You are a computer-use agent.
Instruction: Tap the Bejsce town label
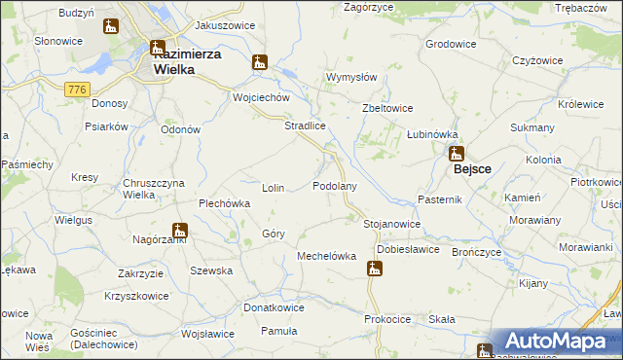coord(472,168)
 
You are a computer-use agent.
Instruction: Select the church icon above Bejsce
coord(456,153)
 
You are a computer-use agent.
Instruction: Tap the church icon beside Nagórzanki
coord(179,231)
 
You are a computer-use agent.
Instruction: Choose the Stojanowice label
coord(391,224)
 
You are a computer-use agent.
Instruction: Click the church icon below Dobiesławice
coord(374,268)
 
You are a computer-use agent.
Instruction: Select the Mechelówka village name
coord(326,257)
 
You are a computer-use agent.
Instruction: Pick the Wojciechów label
coord(262,98)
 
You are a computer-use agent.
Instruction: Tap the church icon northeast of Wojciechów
coord(259,63)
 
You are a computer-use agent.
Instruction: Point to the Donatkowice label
coord(274,307)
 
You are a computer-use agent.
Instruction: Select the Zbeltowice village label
coord(387,108)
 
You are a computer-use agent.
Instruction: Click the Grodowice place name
coord(451,44)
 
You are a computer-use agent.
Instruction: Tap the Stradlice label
coord(304,126)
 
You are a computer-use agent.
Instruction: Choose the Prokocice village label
coord(387,319)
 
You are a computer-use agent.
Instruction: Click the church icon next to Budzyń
coord(110,26)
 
